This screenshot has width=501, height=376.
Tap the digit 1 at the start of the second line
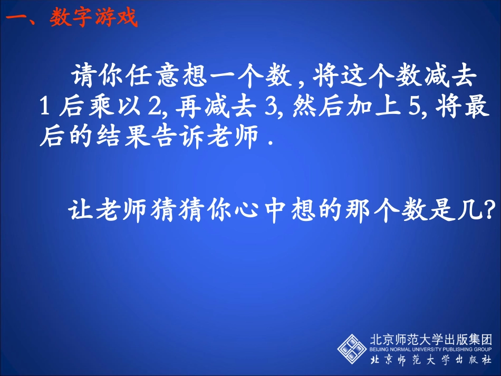45,108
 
